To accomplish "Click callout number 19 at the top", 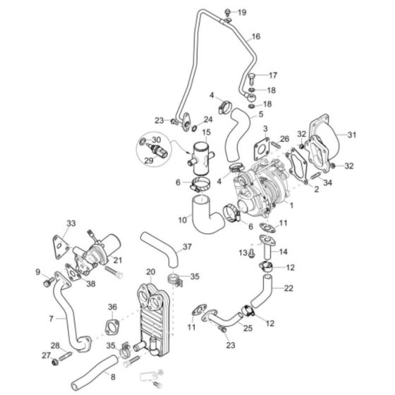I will click(x=242, y=13).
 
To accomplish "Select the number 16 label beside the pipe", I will click(x=255, y=36).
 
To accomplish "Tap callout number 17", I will click(x=272, y=75).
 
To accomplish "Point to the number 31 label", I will click(x=351, y=135).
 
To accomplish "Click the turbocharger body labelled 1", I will click(x=260, y=186).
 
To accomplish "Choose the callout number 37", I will click(x=187, y=247).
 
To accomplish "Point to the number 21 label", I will click(x=117, y=260).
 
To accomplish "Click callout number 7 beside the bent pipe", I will click(x=51, y=319).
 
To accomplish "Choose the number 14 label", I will click(x=284, y=252).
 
